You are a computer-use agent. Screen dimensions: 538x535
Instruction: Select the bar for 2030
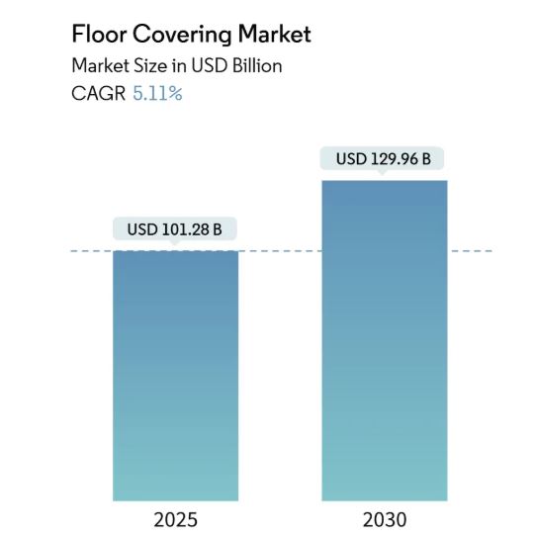click(384, 341)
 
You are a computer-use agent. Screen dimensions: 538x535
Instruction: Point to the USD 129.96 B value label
click(383, 158)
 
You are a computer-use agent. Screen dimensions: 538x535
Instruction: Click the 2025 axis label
click(175, 519)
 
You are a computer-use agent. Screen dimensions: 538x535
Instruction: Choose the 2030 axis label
click(384, 519)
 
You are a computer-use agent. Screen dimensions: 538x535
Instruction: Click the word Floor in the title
click(99, 35)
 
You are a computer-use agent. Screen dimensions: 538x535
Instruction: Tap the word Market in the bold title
click(273, 35)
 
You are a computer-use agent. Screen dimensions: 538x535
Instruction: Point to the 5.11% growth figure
click(157, 95)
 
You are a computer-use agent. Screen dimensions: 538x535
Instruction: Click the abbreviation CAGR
click(98, 95)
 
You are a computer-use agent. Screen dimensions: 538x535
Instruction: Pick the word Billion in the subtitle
click(255, 66)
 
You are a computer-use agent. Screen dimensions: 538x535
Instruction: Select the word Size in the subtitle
click(146, 66)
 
